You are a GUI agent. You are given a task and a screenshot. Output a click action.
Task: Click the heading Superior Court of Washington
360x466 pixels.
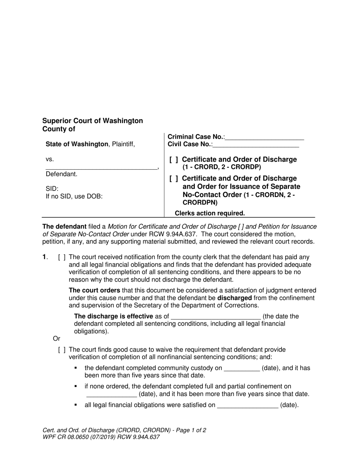[x=92, y=121]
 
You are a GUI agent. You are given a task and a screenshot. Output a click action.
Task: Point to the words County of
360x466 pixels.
[x=59, y=129]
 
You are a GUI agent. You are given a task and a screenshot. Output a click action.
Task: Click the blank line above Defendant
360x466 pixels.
[x=101, y=167]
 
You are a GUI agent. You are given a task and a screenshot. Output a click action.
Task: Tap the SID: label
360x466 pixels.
[x=52, y=189]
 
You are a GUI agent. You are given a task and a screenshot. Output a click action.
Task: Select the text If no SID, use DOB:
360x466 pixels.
[x=74, y=196]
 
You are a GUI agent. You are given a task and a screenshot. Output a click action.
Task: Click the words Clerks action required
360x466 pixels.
[x=210, y=213]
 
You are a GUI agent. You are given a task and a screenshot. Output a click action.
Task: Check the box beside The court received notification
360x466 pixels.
[x=62, y=258]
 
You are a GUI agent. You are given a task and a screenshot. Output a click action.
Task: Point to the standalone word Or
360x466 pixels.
[x=56, y=338]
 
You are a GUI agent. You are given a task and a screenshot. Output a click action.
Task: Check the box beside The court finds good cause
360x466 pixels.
[x=62, y=350]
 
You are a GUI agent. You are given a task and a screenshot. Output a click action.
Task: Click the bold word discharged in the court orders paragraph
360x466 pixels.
[x=234, y=298]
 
